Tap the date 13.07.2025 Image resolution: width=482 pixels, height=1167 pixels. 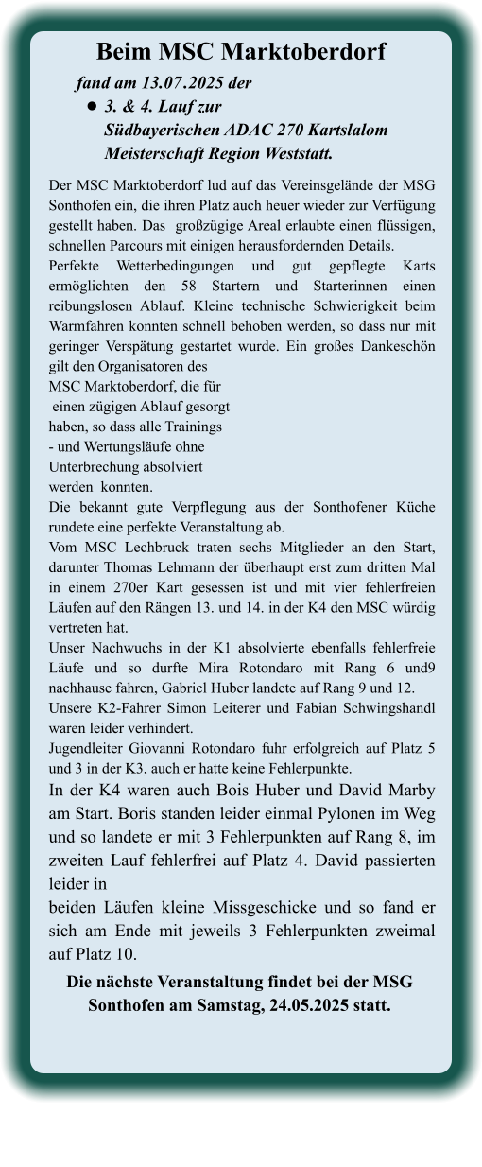[183, 82]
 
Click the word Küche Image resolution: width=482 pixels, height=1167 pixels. [413, 507]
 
